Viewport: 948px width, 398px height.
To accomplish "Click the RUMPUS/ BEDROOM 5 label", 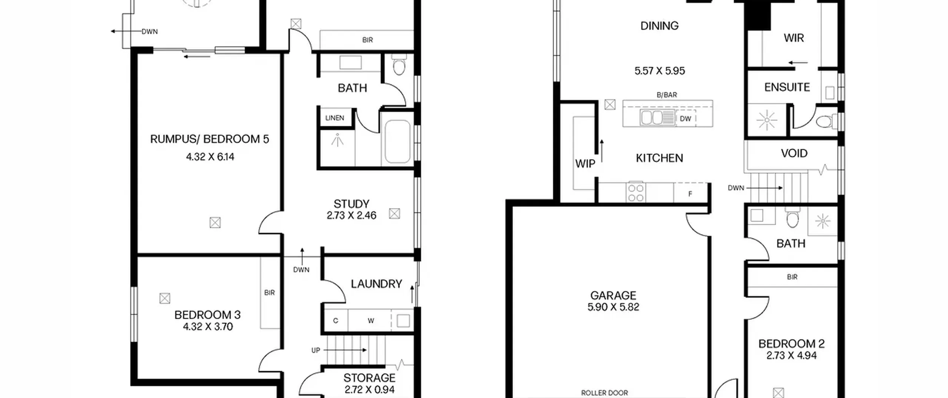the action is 210,139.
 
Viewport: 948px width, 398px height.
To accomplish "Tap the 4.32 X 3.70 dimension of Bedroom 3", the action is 208,327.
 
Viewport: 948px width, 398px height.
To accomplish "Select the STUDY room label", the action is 351,204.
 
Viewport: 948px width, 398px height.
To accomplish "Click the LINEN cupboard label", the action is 335,118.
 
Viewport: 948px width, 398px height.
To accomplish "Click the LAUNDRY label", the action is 377,284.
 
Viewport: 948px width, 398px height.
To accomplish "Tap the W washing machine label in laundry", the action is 371,321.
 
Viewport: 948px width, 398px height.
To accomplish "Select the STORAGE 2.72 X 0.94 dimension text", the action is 370,389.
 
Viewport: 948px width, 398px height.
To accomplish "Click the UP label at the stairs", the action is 316,350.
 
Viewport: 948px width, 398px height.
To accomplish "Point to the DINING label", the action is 660,26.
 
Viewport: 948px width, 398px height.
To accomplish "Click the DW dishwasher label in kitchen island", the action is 685,119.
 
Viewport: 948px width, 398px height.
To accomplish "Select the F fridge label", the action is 690,194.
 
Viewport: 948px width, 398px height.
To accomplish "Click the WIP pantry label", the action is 585,164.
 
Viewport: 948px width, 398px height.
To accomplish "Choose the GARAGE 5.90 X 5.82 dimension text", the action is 613,307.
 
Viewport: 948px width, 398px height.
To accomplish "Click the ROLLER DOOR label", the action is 605,393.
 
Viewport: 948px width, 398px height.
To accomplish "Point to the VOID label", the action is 794,153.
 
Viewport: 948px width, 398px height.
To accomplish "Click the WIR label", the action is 794,38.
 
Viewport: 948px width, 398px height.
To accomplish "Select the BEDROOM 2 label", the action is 791,344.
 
